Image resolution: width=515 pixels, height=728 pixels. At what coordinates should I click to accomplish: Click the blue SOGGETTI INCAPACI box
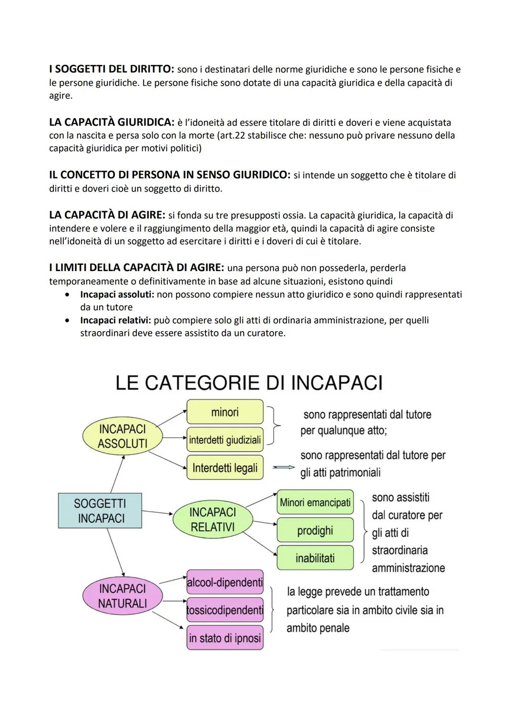tap(100, 511)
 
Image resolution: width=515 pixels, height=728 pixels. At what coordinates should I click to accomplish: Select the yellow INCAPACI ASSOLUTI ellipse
tap(122, 436)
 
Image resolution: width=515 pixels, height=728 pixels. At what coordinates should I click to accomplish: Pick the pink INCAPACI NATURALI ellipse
tap(122, 596)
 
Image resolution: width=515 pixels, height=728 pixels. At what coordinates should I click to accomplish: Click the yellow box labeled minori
tap(225, 412)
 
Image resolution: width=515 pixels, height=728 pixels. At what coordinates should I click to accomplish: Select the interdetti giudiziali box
tap(225, 440)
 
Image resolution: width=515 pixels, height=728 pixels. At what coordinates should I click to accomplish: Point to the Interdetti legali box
tap(225, 468)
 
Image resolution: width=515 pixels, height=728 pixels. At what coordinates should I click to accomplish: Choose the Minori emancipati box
tap(315, 502)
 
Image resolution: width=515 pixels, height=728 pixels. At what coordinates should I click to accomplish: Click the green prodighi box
tap(315, 530)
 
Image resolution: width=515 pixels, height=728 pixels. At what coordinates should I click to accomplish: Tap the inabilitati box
tap(315, 558)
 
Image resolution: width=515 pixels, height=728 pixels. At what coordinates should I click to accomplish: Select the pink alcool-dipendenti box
tap(225, 582)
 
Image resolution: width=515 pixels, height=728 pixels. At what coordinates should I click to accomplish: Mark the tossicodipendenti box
tap(225, 610)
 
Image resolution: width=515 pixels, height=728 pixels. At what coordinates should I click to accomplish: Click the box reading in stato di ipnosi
tap(225, 638)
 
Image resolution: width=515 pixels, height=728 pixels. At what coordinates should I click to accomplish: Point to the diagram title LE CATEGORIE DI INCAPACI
tap(249, 383)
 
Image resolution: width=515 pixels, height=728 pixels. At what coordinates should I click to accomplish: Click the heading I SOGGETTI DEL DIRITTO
tap(112, 69)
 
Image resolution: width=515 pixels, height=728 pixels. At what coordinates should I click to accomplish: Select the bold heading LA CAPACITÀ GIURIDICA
tap(112, 122)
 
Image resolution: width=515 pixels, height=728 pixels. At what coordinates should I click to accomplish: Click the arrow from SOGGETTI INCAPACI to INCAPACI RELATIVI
tap(157, 513)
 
